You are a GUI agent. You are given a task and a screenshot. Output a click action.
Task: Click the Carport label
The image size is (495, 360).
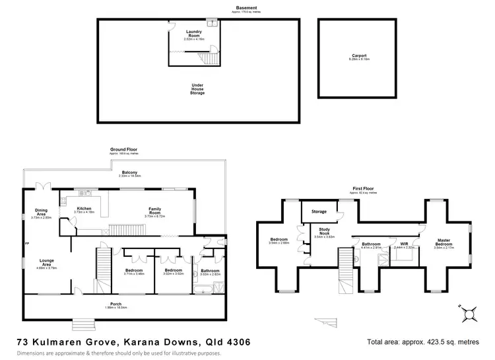(358, 55)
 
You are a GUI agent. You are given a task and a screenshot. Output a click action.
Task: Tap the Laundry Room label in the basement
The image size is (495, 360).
(193, 32)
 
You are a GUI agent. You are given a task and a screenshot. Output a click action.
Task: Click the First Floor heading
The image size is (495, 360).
(364, 191)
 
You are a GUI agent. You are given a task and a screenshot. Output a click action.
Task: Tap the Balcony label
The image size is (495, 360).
(119, 172)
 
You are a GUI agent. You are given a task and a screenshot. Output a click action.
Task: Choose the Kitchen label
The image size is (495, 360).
(84, 208)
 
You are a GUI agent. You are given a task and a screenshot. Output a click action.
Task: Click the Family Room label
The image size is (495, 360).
(154, 212)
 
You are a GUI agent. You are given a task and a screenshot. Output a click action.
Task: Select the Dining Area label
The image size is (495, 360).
(41, 213)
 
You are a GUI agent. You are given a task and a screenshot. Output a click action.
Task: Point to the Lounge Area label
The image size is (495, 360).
(46, 261)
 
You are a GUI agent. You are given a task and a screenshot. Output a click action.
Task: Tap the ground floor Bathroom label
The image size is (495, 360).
(210, 270)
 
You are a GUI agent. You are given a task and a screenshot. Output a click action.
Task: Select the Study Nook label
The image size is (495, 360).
(325, 232)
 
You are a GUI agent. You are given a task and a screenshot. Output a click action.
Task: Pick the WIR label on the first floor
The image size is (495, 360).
(405, 244)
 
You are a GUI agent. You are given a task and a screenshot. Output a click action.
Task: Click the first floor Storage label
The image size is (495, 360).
(319, 212)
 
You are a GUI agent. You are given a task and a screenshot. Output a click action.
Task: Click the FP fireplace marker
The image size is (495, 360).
(27, 244)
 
